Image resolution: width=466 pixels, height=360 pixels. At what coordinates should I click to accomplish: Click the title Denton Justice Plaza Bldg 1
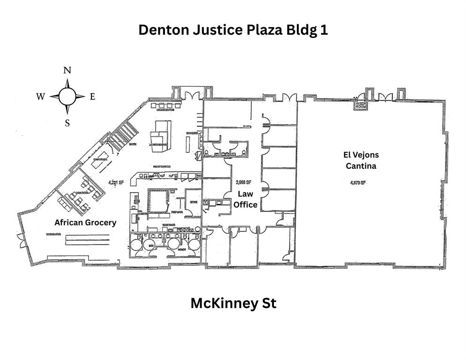233,30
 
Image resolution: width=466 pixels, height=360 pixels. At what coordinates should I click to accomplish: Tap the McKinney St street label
233,303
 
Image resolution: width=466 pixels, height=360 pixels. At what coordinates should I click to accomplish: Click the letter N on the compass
68,70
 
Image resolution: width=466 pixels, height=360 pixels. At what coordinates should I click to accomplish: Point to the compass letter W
41,97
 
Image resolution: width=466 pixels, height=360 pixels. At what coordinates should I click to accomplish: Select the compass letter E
92,97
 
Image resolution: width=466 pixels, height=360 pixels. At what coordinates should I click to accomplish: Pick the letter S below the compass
68,123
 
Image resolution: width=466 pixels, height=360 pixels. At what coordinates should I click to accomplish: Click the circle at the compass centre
68,97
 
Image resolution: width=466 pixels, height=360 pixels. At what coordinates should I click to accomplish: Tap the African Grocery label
85,223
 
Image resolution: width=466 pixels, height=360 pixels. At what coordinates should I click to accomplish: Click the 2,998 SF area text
244,182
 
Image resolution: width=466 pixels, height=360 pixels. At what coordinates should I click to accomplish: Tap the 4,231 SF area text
115,183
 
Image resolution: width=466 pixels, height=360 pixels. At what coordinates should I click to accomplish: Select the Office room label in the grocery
193,202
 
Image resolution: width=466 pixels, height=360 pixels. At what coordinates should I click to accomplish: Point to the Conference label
99,160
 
